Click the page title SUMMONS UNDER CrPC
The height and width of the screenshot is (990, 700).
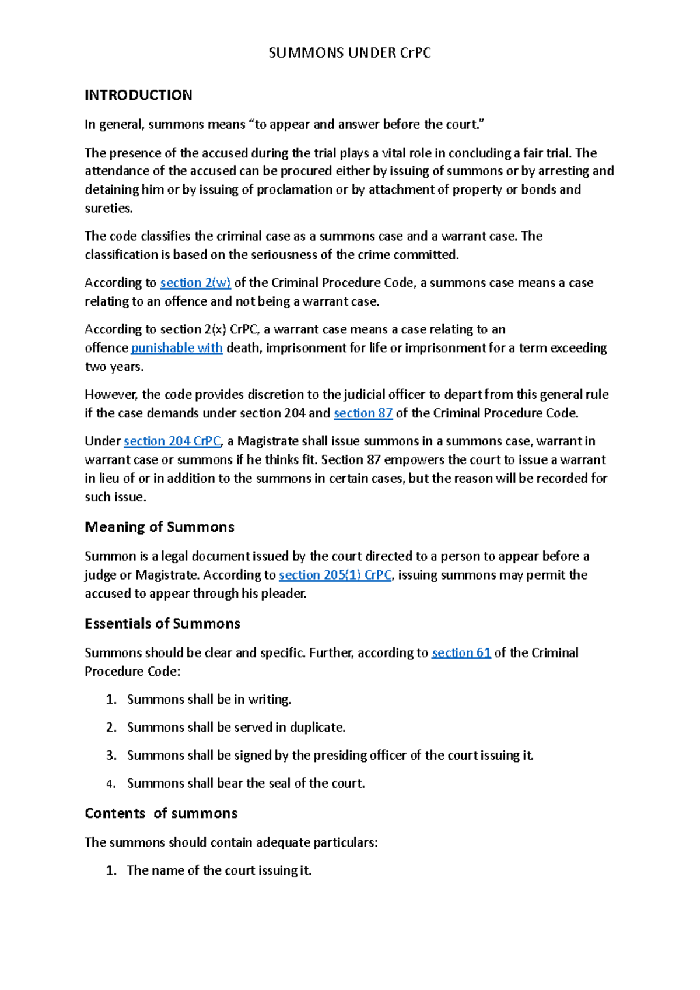pos(349,53)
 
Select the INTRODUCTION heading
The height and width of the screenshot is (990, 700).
pos(138,95)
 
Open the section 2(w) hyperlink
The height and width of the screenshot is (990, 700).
pos(195,283)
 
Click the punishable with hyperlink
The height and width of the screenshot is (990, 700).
pos(177,348)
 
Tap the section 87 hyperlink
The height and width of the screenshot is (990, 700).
pos(363,413)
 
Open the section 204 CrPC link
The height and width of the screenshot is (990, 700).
pos(172,441)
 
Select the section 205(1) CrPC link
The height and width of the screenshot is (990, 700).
pos(335,575)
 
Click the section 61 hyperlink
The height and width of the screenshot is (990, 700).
pos(461,653)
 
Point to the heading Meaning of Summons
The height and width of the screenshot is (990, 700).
pos(159,527)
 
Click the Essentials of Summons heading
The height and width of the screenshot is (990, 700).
pos(162,624)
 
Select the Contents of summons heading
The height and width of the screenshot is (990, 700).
pos(161,813)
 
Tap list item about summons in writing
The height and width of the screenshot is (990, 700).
pos(209,700)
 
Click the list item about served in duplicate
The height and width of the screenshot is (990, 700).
pos(236,728)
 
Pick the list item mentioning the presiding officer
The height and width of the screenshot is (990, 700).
pos(330,756)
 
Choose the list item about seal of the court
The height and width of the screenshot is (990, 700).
pos(246,784)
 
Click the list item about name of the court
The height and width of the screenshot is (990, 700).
pos(219,870)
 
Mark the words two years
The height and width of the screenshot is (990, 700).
pos(114,367)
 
